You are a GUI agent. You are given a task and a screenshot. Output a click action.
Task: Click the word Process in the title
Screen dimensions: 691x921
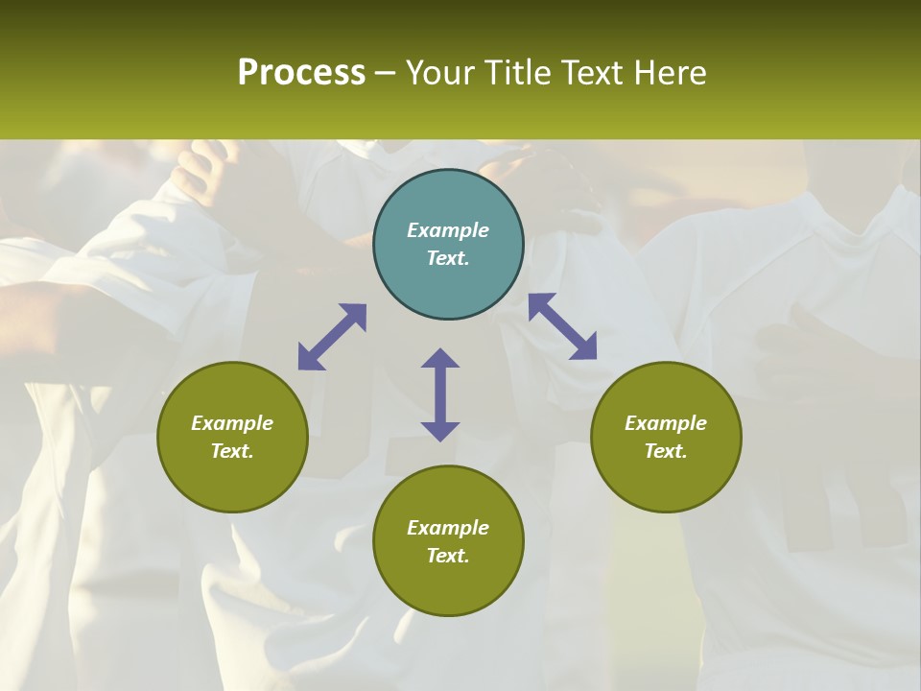301,73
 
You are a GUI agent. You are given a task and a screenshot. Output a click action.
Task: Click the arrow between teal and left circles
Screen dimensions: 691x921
332,337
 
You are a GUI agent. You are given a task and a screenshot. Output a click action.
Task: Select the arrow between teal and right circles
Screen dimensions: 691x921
562,326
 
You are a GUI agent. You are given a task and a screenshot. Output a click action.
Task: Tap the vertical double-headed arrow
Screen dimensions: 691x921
440,394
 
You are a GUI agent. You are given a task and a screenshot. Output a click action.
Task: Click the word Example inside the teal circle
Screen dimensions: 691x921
448,230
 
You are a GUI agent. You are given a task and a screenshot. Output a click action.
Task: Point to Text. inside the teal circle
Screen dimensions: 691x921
448,258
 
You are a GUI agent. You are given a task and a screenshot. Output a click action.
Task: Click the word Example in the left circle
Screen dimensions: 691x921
232,423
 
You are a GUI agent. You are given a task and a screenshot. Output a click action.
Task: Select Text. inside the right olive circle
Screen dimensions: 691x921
666,451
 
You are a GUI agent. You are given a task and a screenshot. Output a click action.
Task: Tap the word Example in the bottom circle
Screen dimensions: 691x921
448,528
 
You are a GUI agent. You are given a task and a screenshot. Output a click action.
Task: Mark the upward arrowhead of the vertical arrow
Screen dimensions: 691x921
440,359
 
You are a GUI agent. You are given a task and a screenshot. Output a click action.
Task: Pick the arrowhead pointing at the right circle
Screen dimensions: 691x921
583,346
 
